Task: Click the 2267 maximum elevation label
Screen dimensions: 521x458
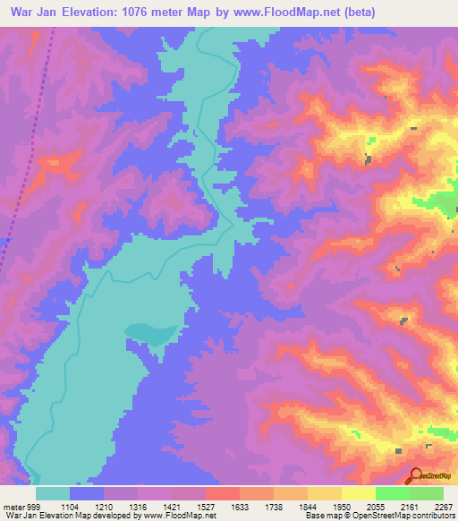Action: coord(440,508)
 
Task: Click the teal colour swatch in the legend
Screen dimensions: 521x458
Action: coord(53,494)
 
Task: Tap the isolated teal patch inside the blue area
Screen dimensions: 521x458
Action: coord(150,333)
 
